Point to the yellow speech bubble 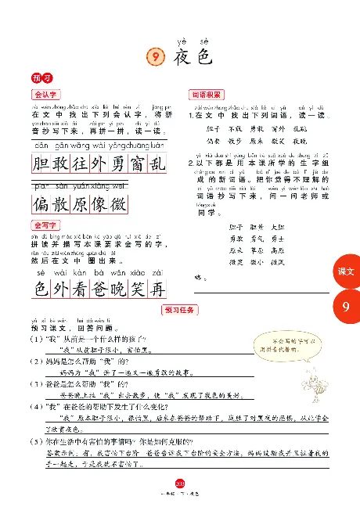pos(295,345)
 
